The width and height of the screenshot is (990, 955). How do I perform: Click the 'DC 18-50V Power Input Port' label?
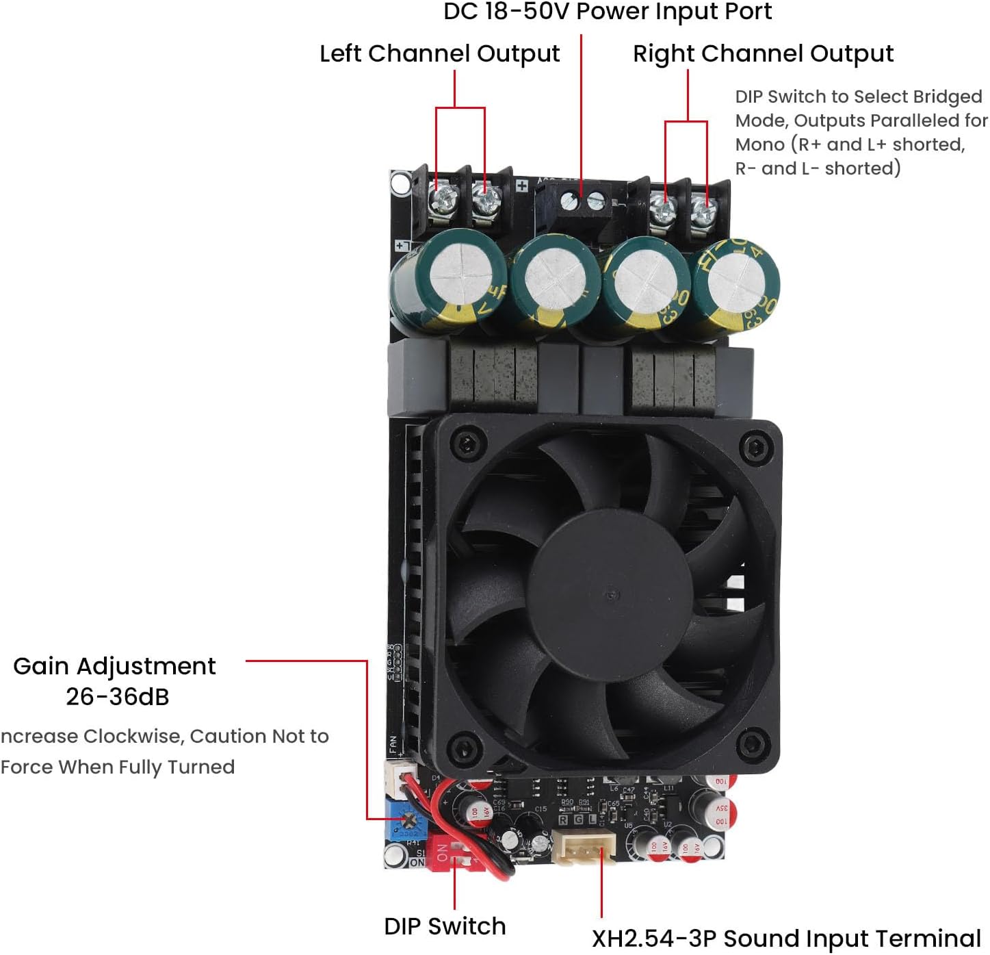tap(608, 12)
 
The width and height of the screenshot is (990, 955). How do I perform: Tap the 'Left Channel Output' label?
tap(439, 53)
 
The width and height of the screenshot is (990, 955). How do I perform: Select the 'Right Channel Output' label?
tap(763, 53)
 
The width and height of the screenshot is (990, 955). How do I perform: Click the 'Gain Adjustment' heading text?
tap(114, 666)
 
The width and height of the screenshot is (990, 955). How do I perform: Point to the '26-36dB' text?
tap(117, 697)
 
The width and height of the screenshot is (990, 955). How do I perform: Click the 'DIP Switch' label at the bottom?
tap(445, 926)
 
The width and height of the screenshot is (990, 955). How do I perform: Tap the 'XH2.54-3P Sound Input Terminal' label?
tap(786, 938)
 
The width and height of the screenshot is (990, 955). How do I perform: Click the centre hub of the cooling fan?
tap(610, 593)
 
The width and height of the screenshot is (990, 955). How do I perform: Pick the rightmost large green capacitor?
tap(735, 288)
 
